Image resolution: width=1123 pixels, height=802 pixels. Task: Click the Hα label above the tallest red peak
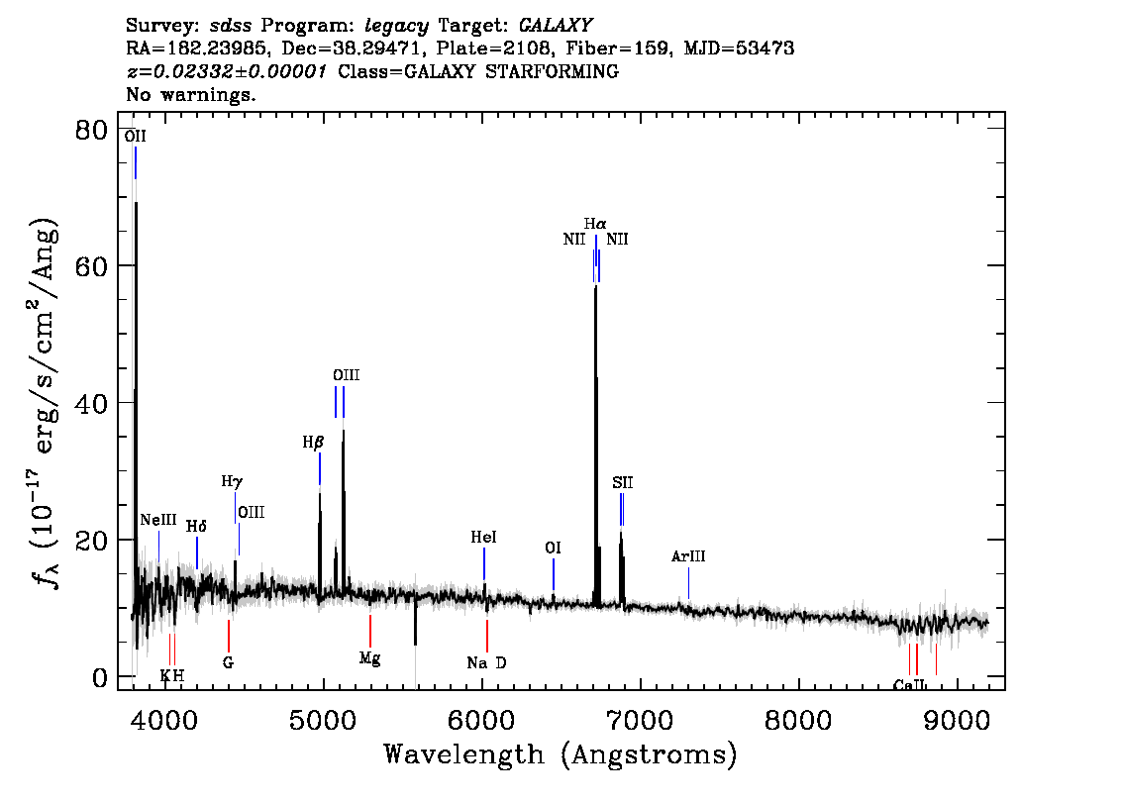(x=595, y=224)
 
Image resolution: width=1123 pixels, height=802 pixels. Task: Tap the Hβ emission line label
(x=313, y=443)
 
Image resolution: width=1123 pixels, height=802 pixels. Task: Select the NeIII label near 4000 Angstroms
(x=158, y=520)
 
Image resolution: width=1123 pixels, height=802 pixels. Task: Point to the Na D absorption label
(x=486, y=663)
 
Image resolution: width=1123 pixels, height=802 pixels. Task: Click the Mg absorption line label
(x=369, y=658)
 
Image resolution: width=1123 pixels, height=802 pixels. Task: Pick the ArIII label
(x=688, y=556)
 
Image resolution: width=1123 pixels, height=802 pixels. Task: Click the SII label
(x=622, y=482)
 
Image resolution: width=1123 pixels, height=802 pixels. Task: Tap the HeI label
(x=483, y=537)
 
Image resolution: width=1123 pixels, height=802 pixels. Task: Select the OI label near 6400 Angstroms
(x=553, y=548)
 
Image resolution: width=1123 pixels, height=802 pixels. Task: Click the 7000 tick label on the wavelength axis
(x=640, y=721)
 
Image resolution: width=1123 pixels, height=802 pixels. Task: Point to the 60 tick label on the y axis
(x=91, y=265)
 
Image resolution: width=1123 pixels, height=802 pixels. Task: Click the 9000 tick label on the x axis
(x=956, y=721)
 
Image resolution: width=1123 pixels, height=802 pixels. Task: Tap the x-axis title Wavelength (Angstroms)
(x=561, y=754)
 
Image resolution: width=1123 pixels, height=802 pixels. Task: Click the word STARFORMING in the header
(x=553, y=71)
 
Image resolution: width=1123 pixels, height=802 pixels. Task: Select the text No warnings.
(x=190, y=94)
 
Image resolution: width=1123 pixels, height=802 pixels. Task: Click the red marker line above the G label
(x=229, y=636)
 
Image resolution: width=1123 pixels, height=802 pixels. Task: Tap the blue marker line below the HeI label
(x=484, y=563)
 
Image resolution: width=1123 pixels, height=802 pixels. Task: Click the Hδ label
(x=196, y=527)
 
